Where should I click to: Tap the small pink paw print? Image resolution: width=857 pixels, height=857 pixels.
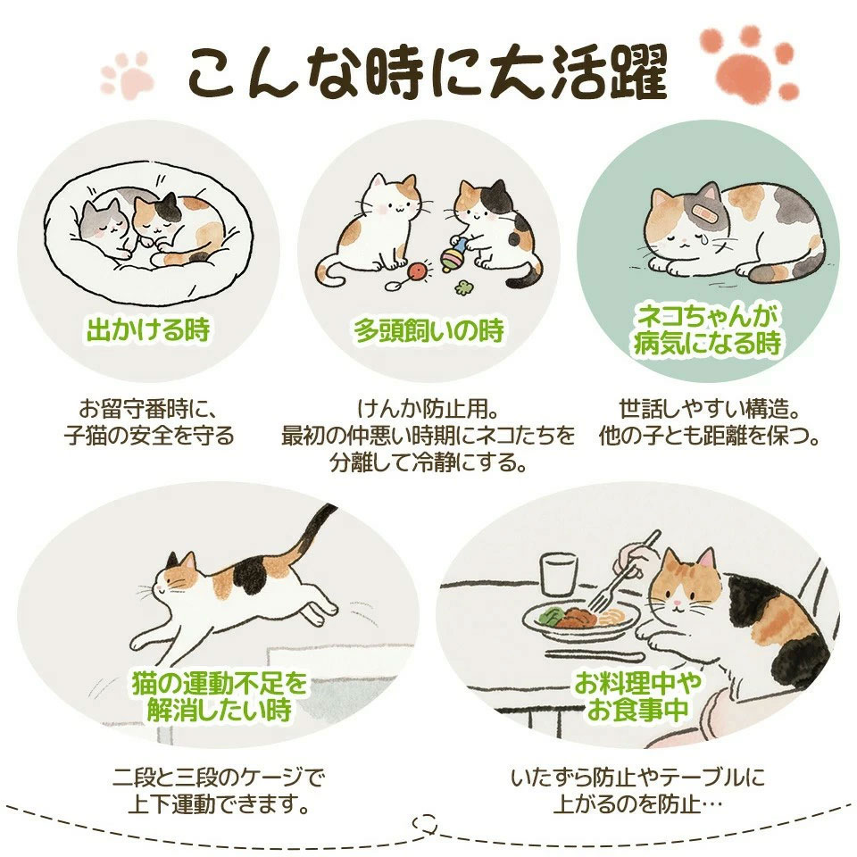click(127, 76)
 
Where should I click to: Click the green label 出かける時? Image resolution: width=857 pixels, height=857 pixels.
click(149, 330)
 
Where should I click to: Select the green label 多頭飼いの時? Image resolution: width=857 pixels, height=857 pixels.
click(428, 330)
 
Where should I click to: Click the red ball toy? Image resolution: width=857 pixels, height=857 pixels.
click(419, 271)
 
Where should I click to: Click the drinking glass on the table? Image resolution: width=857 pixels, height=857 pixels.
click(559, 574)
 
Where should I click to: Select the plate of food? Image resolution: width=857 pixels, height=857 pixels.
click(580, 620)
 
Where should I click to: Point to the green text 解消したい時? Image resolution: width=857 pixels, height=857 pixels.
click(220, 711)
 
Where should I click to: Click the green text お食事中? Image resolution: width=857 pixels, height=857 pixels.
click(637, 710)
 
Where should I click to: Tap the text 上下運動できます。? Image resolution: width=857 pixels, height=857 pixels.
click(218, 804)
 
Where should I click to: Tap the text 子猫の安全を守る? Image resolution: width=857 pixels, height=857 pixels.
click(149, 437)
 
